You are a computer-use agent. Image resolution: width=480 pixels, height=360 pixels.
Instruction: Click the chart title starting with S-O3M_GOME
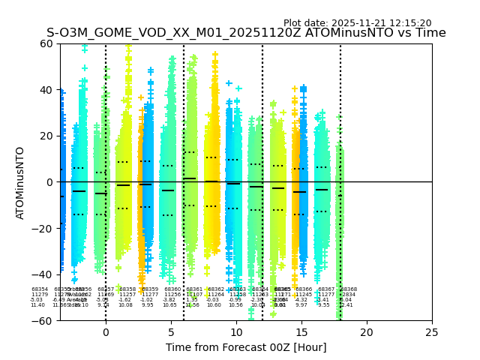point(246,33)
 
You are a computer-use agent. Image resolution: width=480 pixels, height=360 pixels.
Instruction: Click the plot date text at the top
point(357,23)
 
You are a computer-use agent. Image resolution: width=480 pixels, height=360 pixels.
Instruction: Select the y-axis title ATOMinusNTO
point(21,182)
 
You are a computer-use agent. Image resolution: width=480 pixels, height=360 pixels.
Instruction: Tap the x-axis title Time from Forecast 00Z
point(246,347)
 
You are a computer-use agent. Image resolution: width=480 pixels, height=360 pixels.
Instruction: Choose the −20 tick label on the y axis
point(45,229)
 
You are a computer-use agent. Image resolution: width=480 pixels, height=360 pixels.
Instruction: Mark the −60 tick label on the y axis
point(45,321)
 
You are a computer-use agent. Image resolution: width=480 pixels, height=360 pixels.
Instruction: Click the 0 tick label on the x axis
point(106,331)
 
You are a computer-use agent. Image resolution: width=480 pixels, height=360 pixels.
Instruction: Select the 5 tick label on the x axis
point(171,331)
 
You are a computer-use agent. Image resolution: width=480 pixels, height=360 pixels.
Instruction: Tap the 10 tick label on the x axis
point(236,331)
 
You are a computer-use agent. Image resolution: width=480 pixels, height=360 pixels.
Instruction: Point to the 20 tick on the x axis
point(367,331)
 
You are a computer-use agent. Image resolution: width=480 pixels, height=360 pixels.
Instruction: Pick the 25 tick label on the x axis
point(432,331)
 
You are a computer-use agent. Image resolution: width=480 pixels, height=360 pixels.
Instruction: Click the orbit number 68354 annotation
point(40,289)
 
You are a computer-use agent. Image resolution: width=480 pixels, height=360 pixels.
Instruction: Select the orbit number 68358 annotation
point(127,289)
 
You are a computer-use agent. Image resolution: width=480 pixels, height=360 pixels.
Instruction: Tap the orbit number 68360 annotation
point(172,289)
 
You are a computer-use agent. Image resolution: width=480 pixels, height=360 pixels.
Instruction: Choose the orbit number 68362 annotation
point(216,289)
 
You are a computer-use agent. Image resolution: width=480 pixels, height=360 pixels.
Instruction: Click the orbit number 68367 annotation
point(326,289)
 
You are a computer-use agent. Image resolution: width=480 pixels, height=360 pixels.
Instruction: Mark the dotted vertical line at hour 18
point(340,150)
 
